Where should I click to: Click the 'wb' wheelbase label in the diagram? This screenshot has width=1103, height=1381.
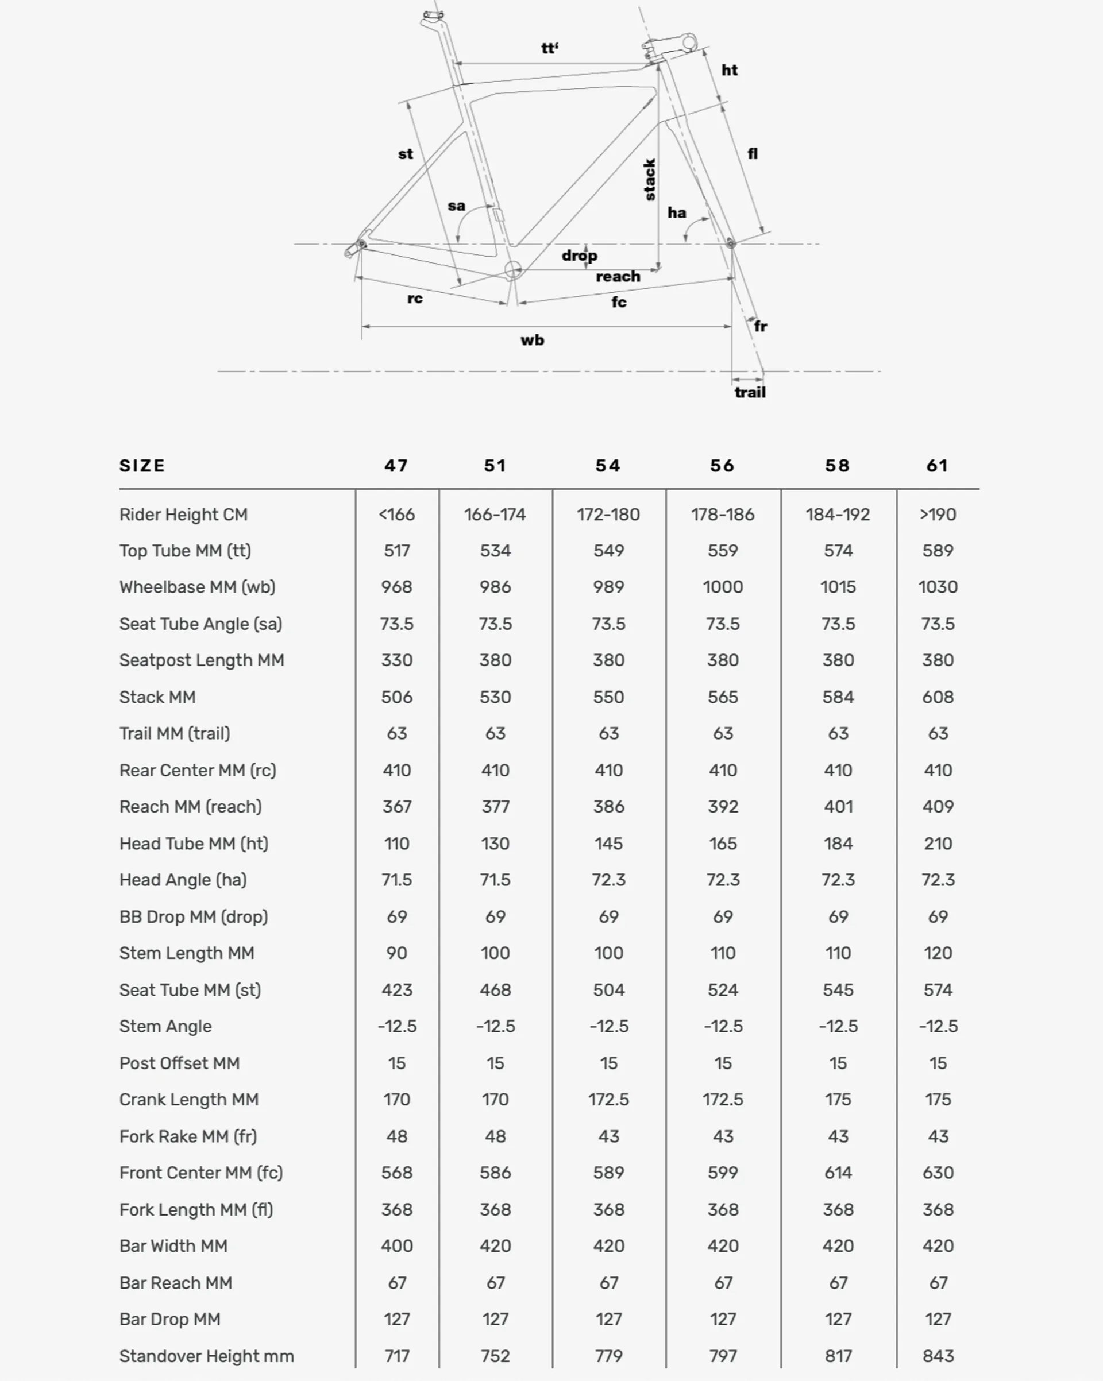coord(532,340)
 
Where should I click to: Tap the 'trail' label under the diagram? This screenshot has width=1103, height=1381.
coord(749,392)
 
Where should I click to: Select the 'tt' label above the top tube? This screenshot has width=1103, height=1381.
coord(549,48)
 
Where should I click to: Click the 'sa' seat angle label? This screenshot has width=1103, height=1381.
coord(456,206)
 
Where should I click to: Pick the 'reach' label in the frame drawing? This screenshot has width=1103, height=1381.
coord(618,276)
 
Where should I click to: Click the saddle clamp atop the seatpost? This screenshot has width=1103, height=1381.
coord(433,17)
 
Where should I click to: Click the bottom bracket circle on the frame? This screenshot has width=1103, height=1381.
coord(513,270)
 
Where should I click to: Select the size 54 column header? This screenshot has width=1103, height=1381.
coord(608,466)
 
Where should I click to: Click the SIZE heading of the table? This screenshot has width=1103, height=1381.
coord(142,466)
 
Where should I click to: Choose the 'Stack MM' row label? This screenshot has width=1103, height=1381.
coord(157,697)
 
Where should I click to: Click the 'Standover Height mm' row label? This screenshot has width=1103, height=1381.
coord(206,1356)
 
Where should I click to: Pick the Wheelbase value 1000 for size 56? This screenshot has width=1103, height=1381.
coord(722,587)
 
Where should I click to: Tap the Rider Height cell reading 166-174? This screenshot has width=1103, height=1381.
coord(495,515)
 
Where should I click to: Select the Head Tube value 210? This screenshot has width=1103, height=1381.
coord(937,844)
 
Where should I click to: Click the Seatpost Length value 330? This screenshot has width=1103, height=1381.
coord(397,660)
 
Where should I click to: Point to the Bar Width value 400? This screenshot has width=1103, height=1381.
coord(397,1246)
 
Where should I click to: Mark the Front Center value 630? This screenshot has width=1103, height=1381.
coord(937,1173)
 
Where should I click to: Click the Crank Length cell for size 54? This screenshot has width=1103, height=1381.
coord(608,1099)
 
